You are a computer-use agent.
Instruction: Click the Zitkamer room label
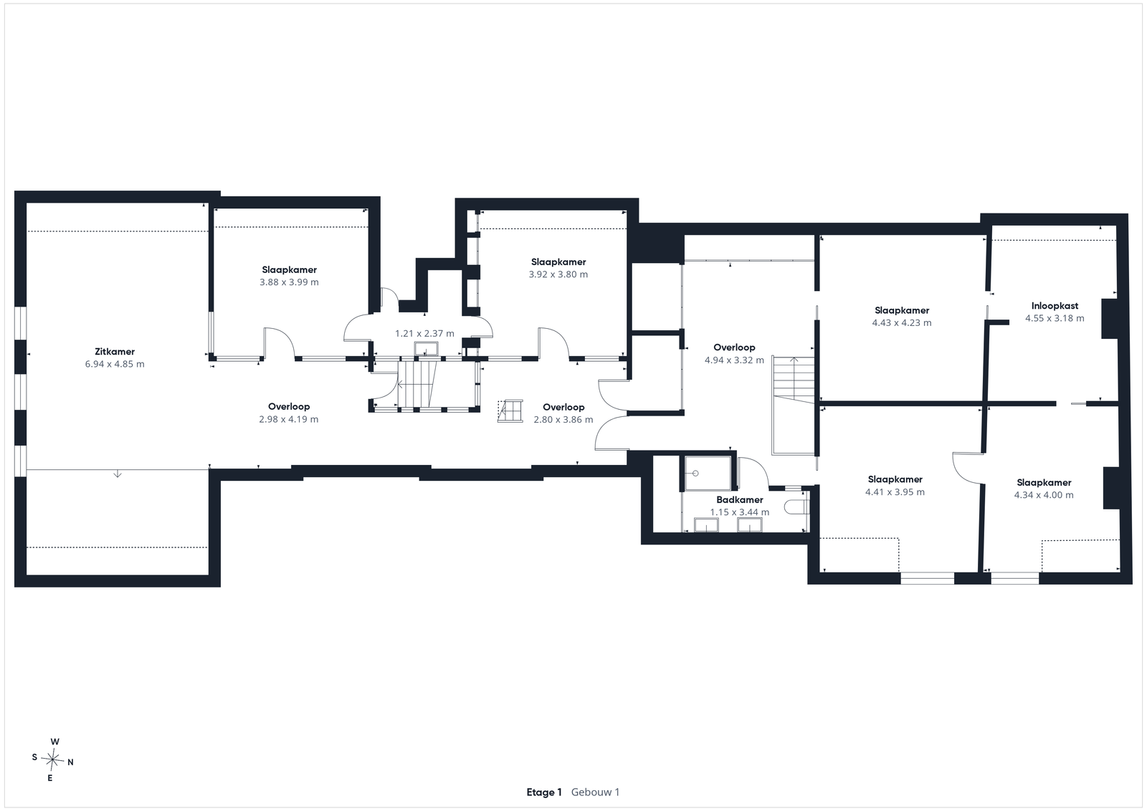115,352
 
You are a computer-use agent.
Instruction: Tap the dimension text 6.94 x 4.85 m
115,365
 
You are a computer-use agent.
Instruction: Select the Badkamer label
739,500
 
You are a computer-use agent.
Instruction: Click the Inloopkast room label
1055,306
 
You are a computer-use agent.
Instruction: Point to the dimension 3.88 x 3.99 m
290,282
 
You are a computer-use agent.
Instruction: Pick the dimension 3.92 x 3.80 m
558,274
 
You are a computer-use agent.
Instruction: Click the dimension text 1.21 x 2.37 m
424,334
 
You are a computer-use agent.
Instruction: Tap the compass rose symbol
52,760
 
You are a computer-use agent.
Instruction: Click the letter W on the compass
54,742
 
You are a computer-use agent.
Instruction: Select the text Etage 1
544,792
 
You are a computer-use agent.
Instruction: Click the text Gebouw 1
595,792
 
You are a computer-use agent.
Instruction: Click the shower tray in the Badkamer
708,474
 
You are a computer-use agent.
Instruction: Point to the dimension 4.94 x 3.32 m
734,360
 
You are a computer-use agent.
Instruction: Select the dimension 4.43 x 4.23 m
902,323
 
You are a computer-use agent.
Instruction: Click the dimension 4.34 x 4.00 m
1044,495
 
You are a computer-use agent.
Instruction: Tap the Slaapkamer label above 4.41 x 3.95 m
895,479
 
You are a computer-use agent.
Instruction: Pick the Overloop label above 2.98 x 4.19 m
289,407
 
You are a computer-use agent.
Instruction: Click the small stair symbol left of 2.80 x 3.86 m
510,411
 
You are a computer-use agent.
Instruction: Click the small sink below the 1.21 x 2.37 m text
426,349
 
